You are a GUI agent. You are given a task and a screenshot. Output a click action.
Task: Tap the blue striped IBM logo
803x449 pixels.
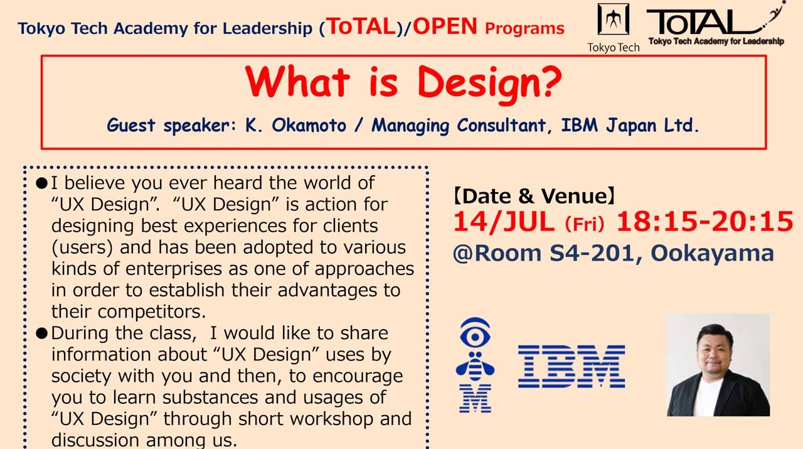click(x=571, y=366)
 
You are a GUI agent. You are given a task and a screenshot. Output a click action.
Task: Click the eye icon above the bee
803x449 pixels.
click(x=475, y=333)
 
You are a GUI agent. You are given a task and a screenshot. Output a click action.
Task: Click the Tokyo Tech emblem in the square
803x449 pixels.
click(x=613, y=20)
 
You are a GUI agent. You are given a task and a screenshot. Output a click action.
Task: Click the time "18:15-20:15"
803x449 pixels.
click(x=705, y=222)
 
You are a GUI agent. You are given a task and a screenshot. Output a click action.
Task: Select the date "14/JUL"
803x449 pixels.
click(x=504, y=222)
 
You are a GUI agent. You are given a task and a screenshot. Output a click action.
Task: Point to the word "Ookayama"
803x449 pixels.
click(x=712, y=252)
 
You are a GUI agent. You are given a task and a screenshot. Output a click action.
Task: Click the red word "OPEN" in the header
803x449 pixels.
click(x=445, y=26)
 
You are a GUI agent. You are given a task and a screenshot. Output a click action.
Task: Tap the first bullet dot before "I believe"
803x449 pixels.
click(x=42, y=183)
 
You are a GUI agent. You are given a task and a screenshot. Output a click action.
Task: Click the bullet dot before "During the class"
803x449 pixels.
click(x=42, y=333)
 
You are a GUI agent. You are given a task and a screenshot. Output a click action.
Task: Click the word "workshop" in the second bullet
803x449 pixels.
click(x=336, y=418)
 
